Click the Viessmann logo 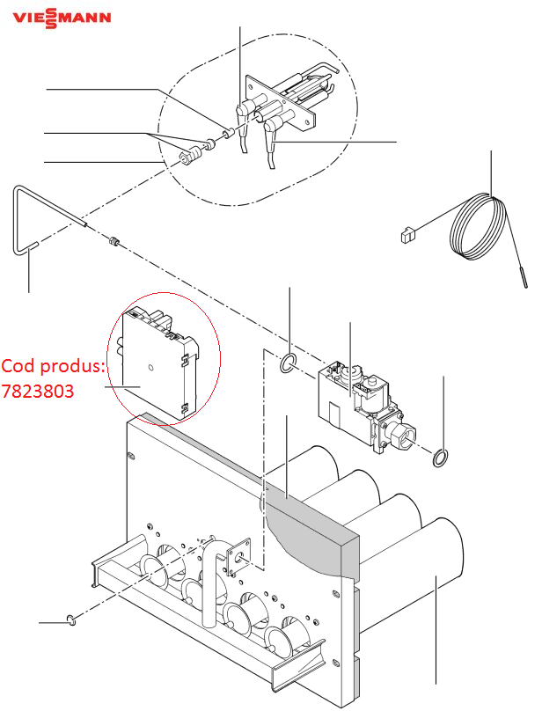62,18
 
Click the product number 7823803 38,391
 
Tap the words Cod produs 53,365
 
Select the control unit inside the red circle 160,363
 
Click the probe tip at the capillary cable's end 524,277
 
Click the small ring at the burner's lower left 71,619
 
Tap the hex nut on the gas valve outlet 401,434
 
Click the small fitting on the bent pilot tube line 114,241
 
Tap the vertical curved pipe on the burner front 211,581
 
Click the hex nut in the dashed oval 185,158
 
